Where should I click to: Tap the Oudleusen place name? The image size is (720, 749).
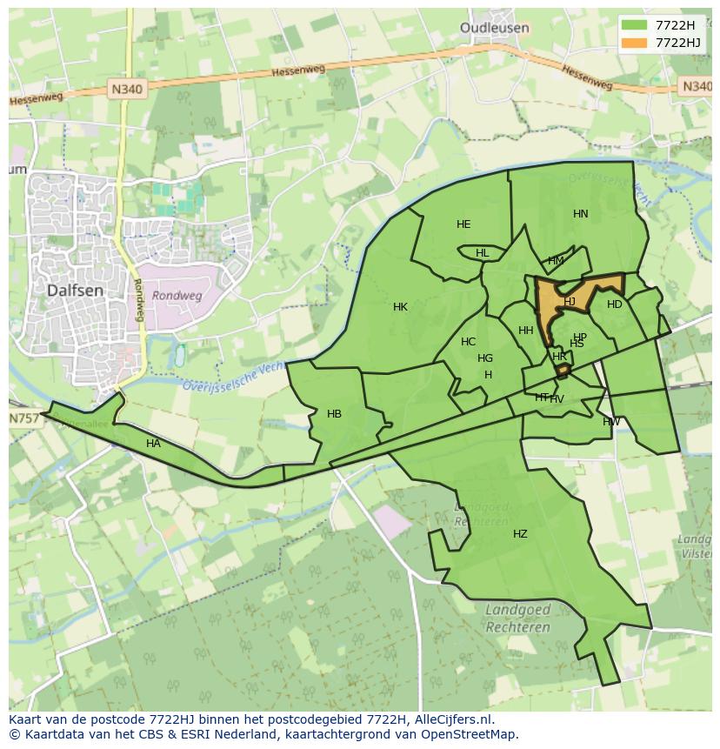coord(494,28)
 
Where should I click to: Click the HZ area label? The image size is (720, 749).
coord(520,534)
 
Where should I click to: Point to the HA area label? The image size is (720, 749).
coord(154,444)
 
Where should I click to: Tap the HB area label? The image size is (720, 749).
coord(334,414)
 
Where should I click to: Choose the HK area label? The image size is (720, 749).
coord(400,307)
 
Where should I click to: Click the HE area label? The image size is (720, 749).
coord(463,224)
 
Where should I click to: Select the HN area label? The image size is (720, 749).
coord(581,214)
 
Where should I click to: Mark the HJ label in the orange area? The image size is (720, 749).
coord(570,302)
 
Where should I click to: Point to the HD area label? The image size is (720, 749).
coord(615,304)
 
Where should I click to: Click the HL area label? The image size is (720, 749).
coord(482,253)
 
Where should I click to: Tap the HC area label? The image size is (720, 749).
coord(468,342)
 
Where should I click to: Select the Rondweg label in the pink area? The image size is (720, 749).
coord(177,296)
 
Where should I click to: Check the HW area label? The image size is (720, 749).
coord(611,422)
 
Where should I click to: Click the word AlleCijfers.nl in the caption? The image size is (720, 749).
coord(451,719)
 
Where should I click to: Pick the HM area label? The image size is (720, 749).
coord(556,261)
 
